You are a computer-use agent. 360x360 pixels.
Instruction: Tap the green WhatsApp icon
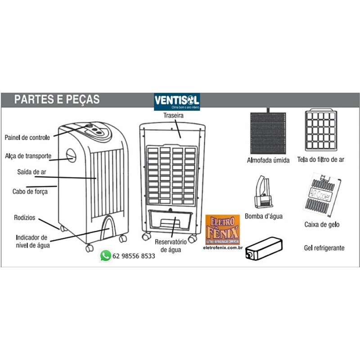[x=105, y=256]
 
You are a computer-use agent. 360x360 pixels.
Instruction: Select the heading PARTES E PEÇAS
[x=57, y=99]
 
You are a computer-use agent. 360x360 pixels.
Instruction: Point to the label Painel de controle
[x=27, y=137]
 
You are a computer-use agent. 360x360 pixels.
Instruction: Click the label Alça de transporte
[x=28, y=156]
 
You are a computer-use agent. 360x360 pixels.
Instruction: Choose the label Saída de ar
[x=31, y=171]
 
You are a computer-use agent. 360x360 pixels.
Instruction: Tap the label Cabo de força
[x=30, y=191]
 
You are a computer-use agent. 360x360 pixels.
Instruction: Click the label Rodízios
[x=24, y=217]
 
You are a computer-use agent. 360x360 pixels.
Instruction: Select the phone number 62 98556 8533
[x=134, y=256]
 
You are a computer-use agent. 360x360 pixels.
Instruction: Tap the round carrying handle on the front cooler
[x=72, y=156]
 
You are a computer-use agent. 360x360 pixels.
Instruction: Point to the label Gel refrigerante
[x=324, y=247]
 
